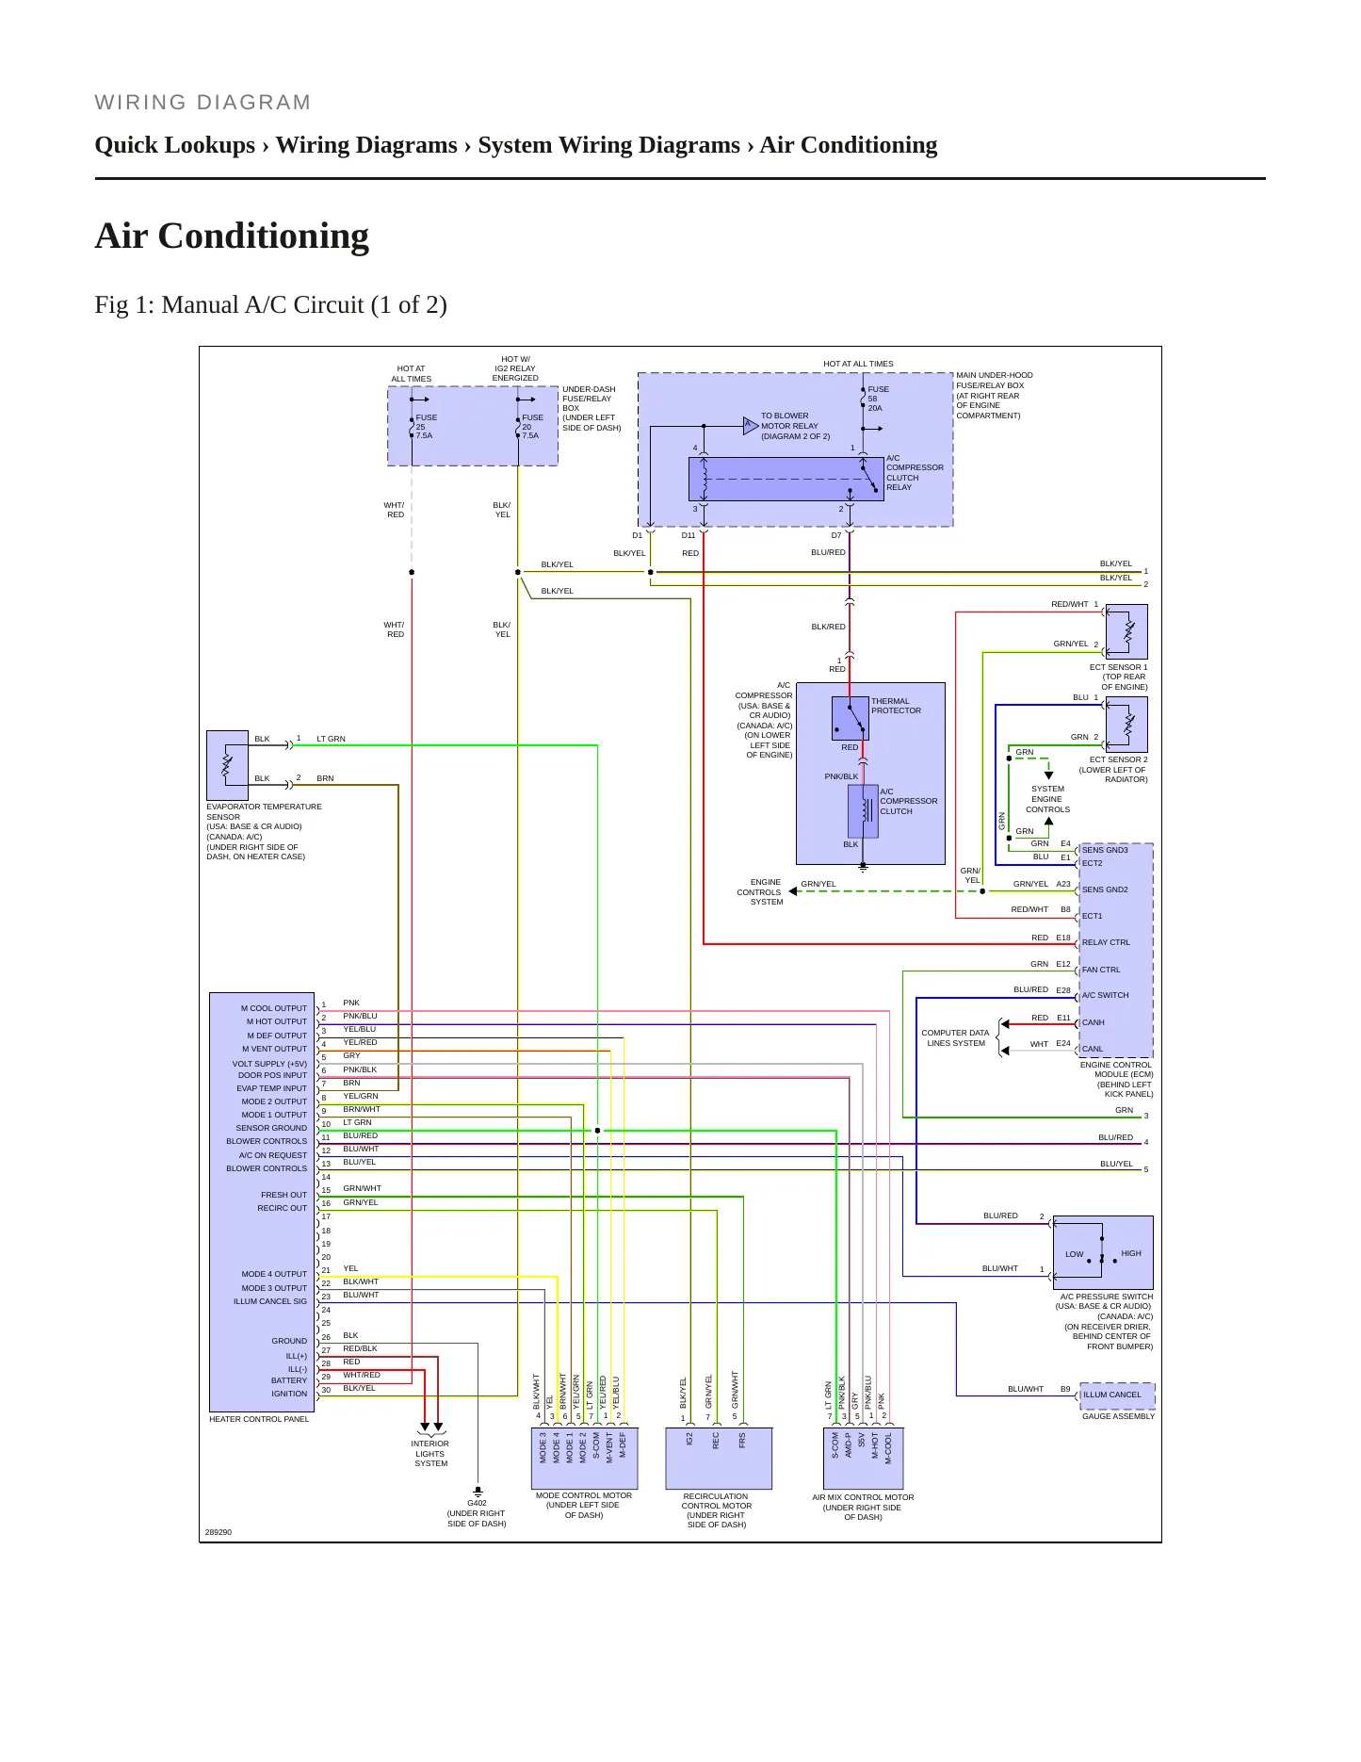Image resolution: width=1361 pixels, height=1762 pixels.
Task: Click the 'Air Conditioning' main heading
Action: pyautogui.click(x=232, y=236)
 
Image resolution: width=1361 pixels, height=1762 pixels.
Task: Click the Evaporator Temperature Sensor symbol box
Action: pyautogui.click(x=227, y=765)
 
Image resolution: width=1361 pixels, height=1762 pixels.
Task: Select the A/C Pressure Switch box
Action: pyautogui.click(x=1103, y=1252)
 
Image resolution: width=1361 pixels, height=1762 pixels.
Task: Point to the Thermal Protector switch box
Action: pyautogui.click(x=851, y=719)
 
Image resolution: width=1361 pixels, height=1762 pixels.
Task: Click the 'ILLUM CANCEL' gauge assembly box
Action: pyautogui.click(x=1117, y=1395)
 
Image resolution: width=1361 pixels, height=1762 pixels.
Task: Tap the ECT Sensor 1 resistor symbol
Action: pyautogui.click(x=1127, y=631)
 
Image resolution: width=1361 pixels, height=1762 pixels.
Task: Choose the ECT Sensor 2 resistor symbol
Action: pyautogui.click(x=1127, y=725)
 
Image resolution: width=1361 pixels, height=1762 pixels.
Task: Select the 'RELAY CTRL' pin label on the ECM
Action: pyautogui.click(x=1106, y=942)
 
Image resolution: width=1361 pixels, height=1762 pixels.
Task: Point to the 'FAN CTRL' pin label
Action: pyautogui.click(x=1101, y=970)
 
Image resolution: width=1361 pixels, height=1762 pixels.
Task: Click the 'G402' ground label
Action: pyautogui.click(x=478, y=1503)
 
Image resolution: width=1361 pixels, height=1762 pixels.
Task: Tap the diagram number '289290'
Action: pyautogui.click(x=219, y=1532)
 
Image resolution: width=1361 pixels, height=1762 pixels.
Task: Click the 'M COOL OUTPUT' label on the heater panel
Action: pyautogui.click(x=274, y=1008)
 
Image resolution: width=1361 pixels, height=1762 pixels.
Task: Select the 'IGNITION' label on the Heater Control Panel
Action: pyautogui.click(x=289, y=1394)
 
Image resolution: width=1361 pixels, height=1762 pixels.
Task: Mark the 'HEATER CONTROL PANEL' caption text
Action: pyautogui.click(x=259, y=1419)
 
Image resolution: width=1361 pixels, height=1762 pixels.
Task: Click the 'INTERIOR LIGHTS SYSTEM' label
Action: pyautogui.click(x=430, y=1454)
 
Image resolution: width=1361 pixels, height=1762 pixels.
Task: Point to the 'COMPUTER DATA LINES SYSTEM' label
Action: pyautogui.click(x=955, y=1038)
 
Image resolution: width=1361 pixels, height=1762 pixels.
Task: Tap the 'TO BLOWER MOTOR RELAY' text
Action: pyautogui.click(x=796, y=426)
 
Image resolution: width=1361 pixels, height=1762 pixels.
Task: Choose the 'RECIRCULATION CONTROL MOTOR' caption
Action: pyautogui.click(x=717, y=1510)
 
